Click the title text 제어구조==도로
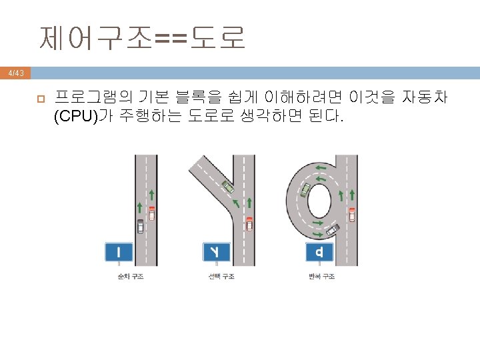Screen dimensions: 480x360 [143, 39]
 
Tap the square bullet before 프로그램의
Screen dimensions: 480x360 [40, 99]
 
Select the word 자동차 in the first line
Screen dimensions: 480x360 [425, 98]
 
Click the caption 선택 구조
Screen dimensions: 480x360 [221, 276]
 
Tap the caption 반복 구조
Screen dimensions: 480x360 [322, 276]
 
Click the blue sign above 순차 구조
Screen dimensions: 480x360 [119, 252]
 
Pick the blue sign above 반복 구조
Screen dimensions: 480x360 [321, 252]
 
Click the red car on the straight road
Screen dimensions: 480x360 [152, 213]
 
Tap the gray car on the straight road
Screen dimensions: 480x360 [140, 226]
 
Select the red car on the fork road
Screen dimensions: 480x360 [249, 223]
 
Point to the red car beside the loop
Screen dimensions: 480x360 [351, 214]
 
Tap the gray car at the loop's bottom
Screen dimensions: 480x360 [331, 230]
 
